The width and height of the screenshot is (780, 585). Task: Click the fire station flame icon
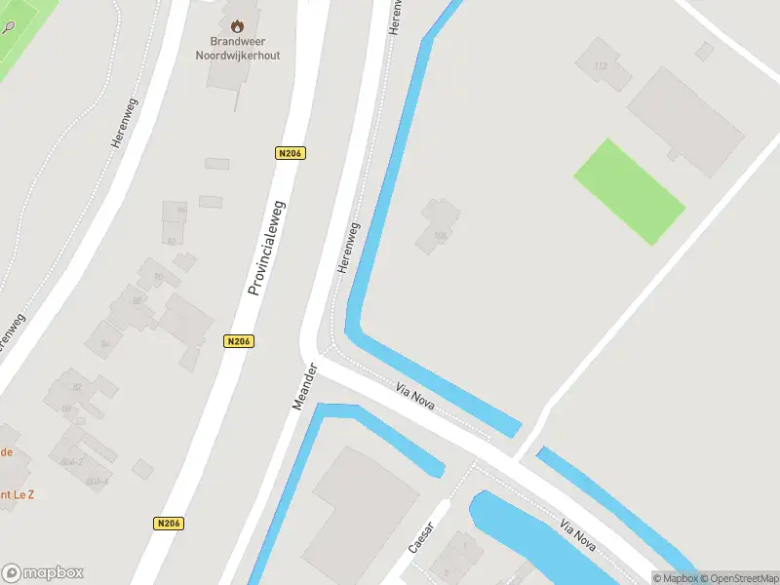pyautogui.click(x=237, y=22)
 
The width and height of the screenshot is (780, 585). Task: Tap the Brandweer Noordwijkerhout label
pyautogui.click(x=245, y=48)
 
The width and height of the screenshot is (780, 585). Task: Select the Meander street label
pyautogui.click(x=305, y=386)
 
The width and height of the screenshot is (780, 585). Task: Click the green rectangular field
pyautogui.click(x=629, y=191)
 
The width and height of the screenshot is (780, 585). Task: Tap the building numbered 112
pyautogui.click(x=599, y=66)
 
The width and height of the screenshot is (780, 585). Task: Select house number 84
pyautogui.click(x=104, y=342)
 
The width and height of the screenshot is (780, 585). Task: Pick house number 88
pyautogui.click(x=137, y=300)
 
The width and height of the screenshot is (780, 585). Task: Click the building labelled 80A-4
pyautogui.click(x=97, y=481)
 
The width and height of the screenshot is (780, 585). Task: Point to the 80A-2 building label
pyautogui.click(x=72, y=461)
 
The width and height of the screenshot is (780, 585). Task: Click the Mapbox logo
pyautogui.click(x=43, y=573)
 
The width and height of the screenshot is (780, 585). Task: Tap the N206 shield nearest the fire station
pyautogui.click(x=291, y=153)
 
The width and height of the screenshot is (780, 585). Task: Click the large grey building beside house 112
pyautogui.click(x=685, y=122)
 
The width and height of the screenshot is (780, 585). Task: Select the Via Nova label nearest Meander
pyautogui.click(x=414, y=395)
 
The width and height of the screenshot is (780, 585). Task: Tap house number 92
pyautogui.click(x=172, y=240)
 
